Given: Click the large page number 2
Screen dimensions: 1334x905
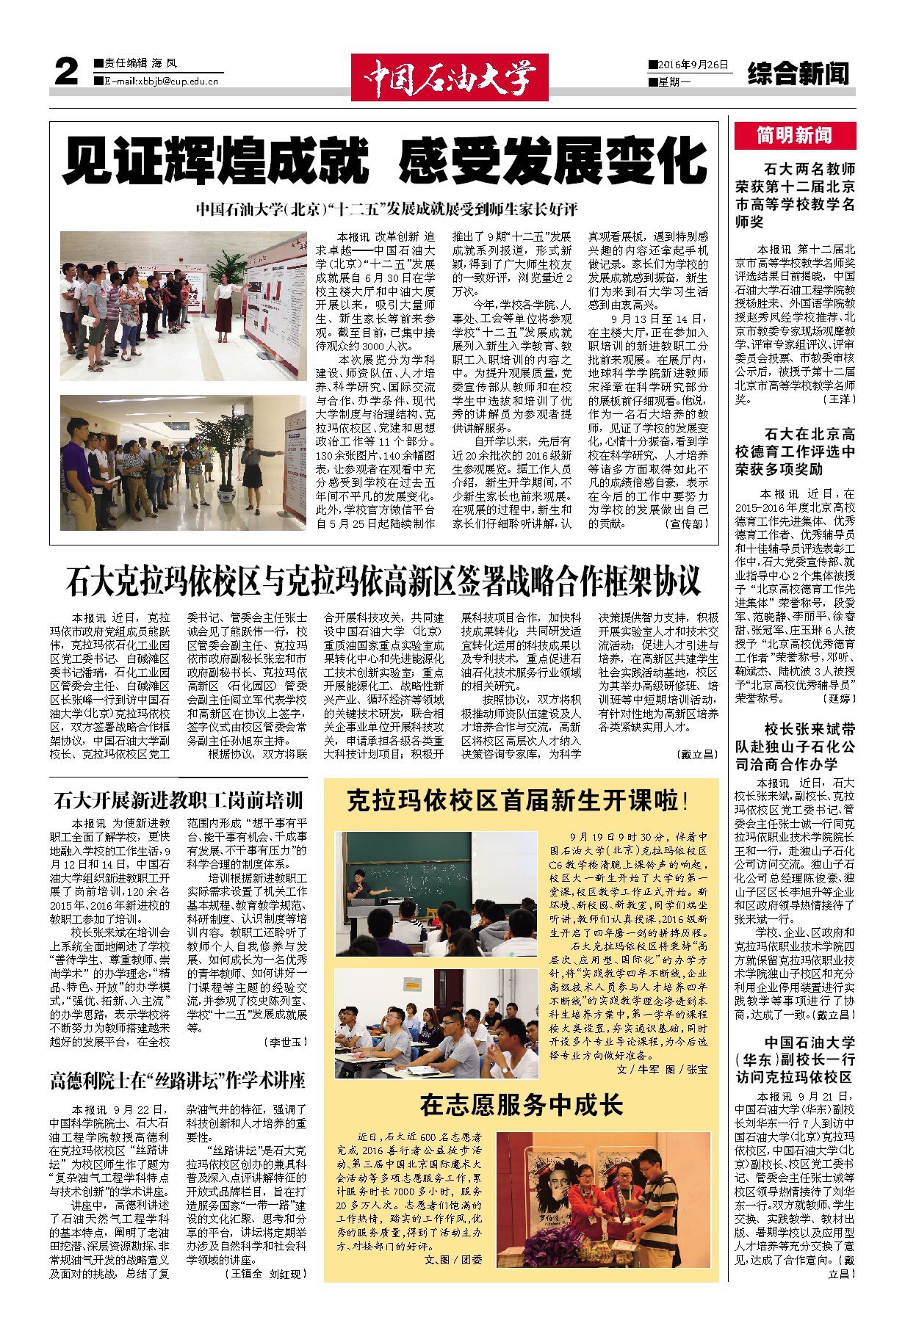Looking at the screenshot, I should point(65,73).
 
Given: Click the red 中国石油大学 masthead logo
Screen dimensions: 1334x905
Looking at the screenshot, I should point(449,76).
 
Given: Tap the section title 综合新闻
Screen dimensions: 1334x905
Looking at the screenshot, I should point(798,73).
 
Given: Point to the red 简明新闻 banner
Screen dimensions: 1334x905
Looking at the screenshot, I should point(794,135).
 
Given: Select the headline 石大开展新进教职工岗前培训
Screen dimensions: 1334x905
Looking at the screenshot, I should point(178,800).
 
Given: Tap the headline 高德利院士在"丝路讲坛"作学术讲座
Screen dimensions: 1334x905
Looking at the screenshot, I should point(177,1081).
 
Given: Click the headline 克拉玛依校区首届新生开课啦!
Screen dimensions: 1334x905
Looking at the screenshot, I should point(517,801).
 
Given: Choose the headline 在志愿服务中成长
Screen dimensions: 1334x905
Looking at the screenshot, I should point(521,1104).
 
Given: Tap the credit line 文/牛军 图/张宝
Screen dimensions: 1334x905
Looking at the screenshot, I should point(663,1070).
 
